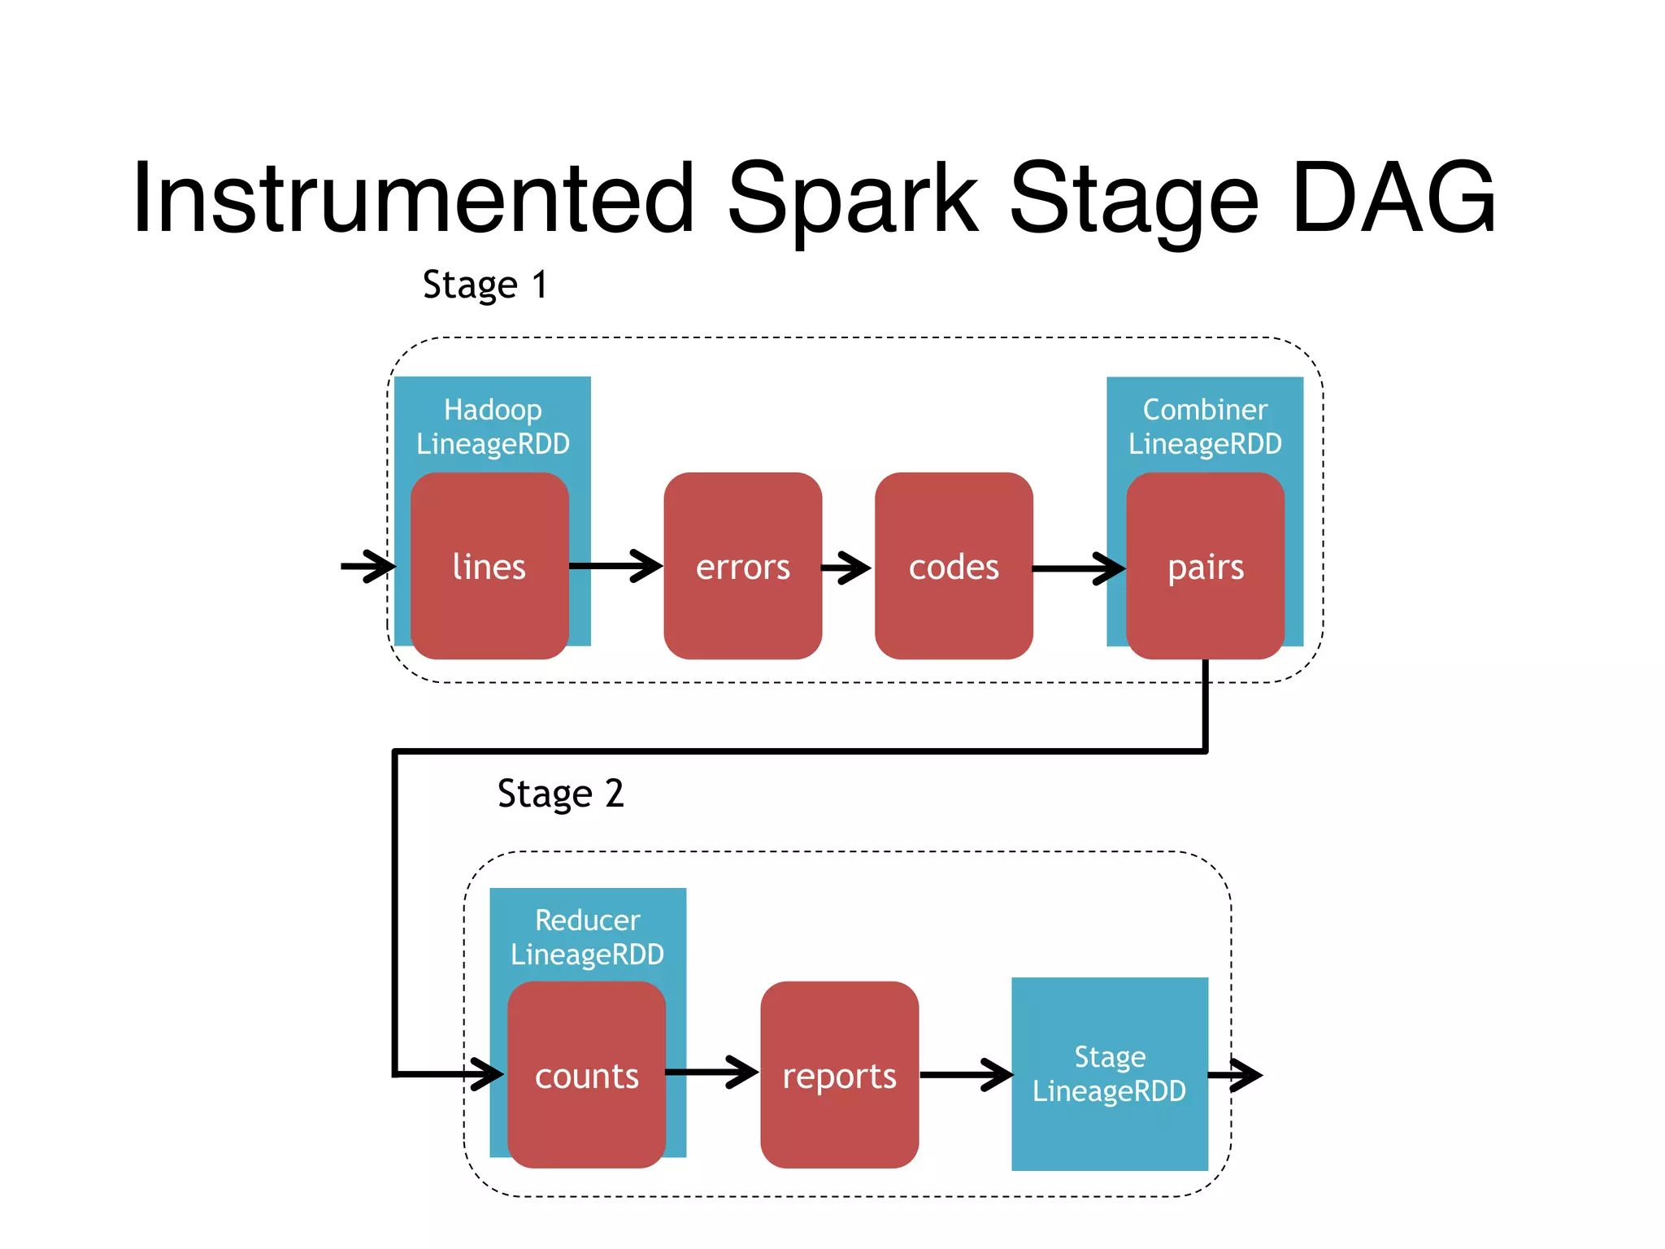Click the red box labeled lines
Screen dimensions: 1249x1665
click(489, 566)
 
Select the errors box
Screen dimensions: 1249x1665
click(742, 566)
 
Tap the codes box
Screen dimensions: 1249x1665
click(954, 566)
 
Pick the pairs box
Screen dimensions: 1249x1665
click(1205, 566)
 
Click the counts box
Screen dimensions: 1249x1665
click(586, 1075)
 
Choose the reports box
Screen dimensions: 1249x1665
click(839, 1075)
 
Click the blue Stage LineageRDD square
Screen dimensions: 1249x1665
click(1109, 1073)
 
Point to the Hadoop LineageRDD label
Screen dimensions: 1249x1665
click(493, 427)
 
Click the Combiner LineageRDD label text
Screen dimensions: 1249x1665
click(1205, 427)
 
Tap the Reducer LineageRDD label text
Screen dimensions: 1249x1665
click(587, 937)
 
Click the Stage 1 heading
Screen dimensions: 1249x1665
click(485, 285)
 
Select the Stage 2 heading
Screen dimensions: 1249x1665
click(560, 794)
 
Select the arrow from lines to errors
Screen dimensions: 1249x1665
click(616, 566)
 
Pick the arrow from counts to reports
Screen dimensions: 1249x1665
click(712, 1073)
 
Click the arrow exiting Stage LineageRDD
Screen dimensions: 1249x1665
click(1236, 1075)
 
